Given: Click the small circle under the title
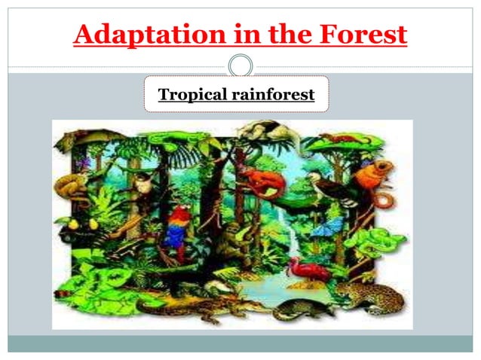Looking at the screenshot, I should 240,65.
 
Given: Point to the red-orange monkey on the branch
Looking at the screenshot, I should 261,182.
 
